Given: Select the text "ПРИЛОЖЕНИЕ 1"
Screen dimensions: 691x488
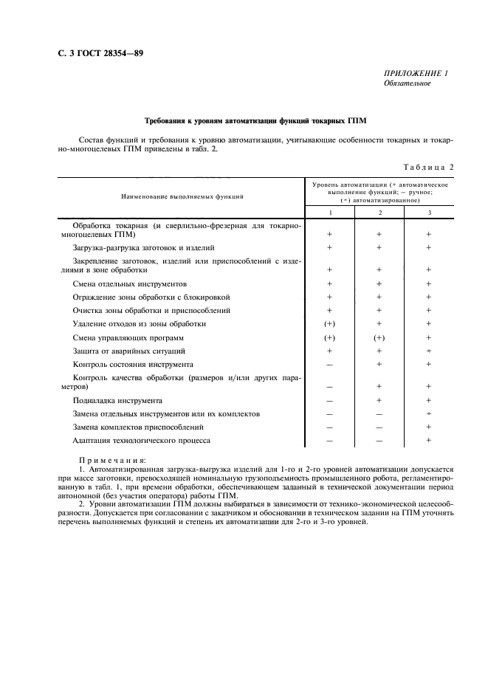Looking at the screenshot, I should [x=416, y=72].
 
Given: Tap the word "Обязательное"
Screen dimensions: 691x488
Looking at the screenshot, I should [x=407, y=83].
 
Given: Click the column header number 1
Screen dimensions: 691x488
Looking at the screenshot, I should [x=329, y=213].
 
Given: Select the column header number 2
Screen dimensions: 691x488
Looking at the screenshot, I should [x=379, y=213].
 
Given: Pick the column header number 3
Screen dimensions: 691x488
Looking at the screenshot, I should [x=428, y=213].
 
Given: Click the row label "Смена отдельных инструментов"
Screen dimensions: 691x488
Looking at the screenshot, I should [x=129, y=283].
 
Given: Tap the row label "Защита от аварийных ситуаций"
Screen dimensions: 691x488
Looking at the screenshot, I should [x=129, y=351].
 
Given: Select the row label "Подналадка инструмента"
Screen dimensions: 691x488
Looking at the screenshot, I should [x=117, y=400].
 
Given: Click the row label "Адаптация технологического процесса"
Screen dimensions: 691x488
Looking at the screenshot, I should [x=141, y=440].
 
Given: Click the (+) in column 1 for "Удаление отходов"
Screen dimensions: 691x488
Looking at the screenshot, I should [x=330, y=324].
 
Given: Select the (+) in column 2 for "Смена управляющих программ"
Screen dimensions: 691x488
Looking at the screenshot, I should [x=379, y=337].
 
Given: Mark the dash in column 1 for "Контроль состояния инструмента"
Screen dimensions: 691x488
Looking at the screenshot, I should [x=330, y=365].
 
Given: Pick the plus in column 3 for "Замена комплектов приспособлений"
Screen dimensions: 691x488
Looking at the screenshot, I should [x=428, y=427].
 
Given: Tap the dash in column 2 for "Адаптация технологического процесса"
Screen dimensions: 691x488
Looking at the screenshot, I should [x=379, y=441].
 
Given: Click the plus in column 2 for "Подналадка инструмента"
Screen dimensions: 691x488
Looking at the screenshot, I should [x=379, y=400].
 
